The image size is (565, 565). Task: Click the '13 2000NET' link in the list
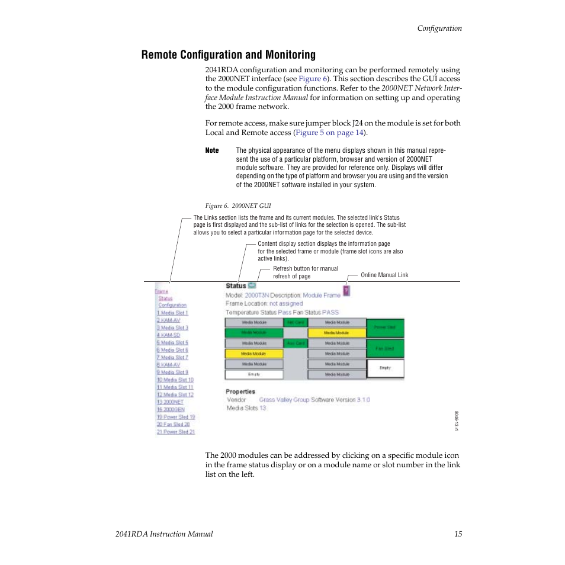click(170, 402)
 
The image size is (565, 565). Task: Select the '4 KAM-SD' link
click(168, 335)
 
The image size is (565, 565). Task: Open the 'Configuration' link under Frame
click(172, 305)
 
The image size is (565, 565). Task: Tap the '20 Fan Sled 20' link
click(173, 424)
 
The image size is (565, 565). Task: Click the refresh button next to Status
click(252, 285)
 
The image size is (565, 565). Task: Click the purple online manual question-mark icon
click(346, 291)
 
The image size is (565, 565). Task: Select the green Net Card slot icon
click(295, 323)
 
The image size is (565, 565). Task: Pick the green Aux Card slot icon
click(295, 344)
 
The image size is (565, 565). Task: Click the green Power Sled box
click(386, 328)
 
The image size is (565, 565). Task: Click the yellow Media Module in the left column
click(254, 354)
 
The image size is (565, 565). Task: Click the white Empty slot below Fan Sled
click(386, 368)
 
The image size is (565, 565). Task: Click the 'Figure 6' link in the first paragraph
click(312, 79)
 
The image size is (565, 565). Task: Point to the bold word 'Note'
click(212, 150)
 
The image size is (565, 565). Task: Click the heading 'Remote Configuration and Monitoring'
click(228, 55)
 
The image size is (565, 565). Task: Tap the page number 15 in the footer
click(458, 534)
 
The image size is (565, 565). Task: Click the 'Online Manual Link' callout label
click(384, 275)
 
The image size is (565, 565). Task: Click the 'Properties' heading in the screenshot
click(240, 391)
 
